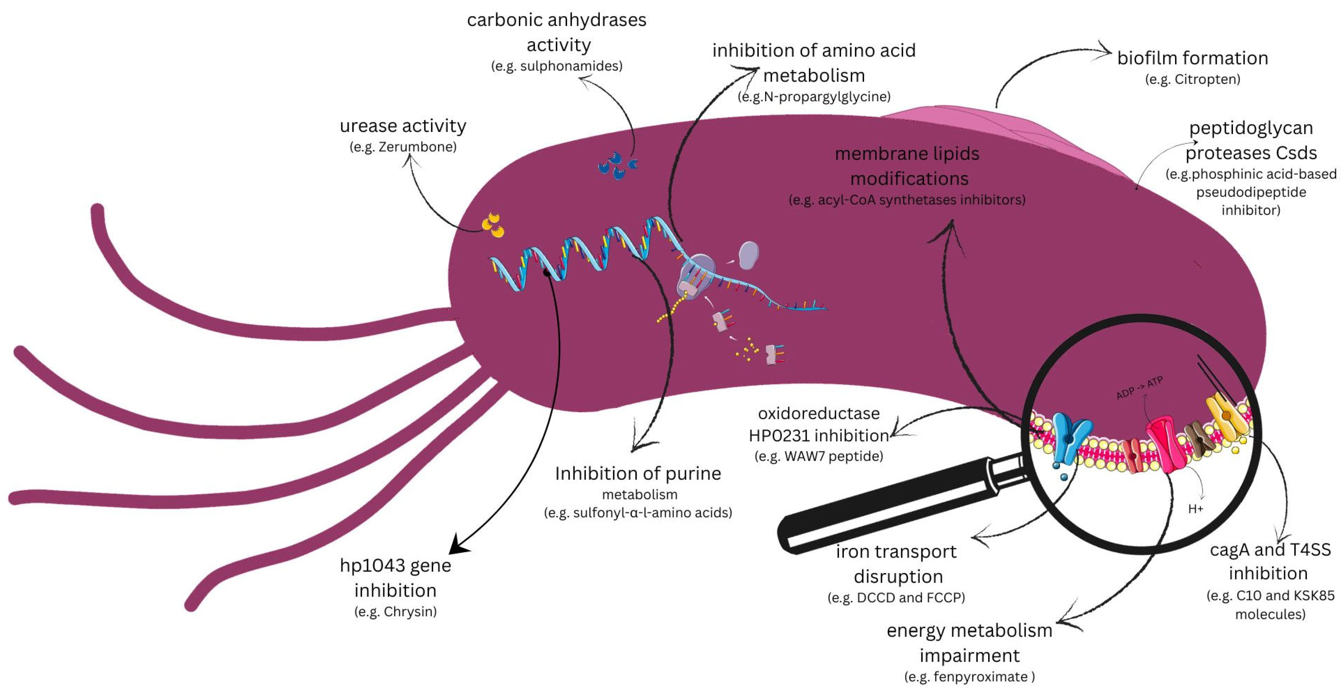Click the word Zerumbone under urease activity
pos(416,147)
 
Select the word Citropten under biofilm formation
pos(1207,80)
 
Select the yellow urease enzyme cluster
pos(492,225)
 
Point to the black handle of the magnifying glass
pos(885,510)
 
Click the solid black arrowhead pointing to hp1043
pos(459,544)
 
